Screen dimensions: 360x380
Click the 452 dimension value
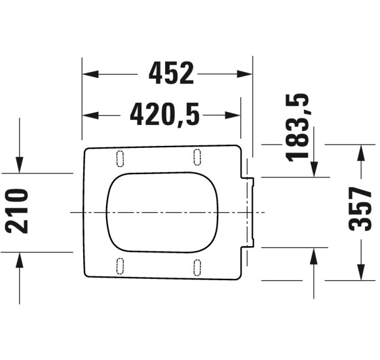[x=171, y=74]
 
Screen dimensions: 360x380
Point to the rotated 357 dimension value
[x=361, y=208]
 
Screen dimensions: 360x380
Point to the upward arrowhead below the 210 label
[x=20, y=259]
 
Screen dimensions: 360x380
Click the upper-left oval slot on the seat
[x=120, y=157]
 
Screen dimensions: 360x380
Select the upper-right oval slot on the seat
[x=198, y=156]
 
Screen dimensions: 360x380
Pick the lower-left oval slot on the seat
[x=120, y=265]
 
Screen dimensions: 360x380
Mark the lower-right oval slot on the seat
[x=198, y=267]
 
